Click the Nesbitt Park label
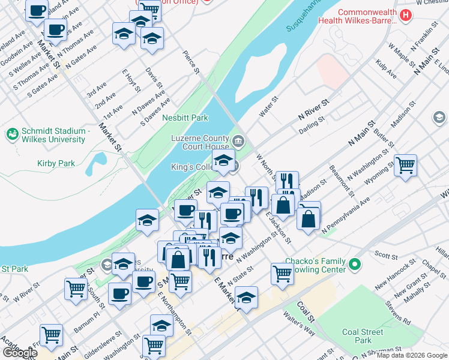[x=185, y=118]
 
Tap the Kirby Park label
[x=55, y=163]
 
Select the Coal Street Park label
[x=363, y=336]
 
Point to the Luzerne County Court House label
[x=200, y=142]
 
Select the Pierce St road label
[x=191, y=62]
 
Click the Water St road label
[x=268, y=107]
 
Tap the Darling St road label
[x=312, y=123]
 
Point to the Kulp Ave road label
[x=386, y=69]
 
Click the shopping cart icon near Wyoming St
[x=405, y=164]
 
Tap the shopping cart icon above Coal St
[x=282, y=273]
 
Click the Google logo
[x=20, y=353]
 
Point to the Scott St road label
[x=382, y=254]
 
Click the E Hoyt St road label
[x=131, y=81]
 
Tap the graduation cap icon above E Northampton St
[x=161, y=325]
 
